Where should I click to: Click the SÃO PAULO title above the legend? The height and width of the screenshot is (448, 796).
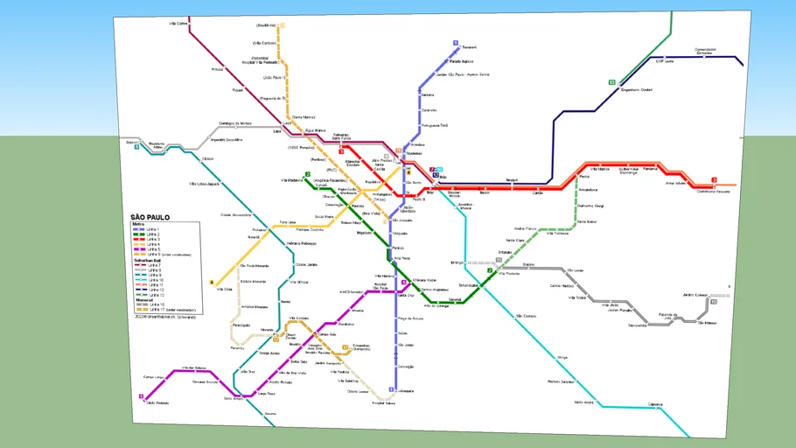150,217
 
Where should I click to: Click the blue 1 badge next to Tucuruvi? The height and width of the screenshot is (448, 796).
455,43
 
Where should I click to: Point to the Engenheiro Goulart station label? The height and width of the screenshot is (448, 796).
635,89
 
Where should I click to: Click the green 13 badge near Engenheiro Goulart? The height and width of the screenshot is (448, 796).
612,82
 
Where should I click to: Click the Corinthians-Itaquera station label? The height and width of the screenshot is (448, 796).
713,191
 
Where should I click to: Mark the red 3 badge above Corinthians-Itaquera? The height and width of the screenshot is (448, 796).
714,180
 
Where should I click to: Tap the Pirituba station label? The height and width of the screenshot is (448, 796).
218,68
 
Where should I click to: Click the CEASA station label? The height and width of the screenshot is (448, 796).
207,158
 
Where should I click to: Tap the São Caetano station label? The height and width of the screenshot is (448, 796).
526,315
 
